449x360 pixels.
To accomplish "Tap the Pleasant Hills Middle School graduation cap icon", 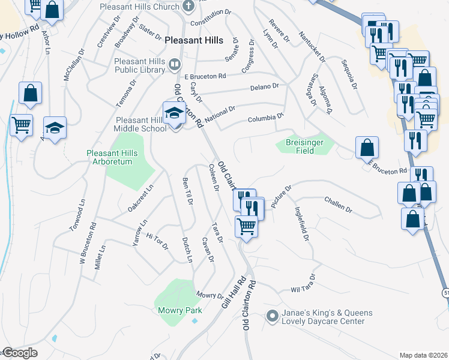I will tap(174, 113).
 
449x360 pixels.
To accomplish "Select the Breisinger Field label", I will tap(298, 147).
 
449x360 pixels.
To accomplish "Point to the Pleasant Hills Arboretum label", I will tap(112, 157).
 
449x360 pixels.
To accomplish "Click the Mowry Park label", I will tap(180, 310).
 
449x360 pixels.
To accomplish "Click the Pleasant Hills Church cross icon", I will tap(188, 7).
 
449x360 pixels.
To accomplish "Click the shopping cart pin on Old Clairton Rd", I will tap(246, 227).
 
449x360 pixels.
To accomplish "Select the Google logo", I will tap(20, 353).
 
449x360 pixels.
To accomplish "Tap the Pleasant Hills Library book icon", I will tap(175, 63).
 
